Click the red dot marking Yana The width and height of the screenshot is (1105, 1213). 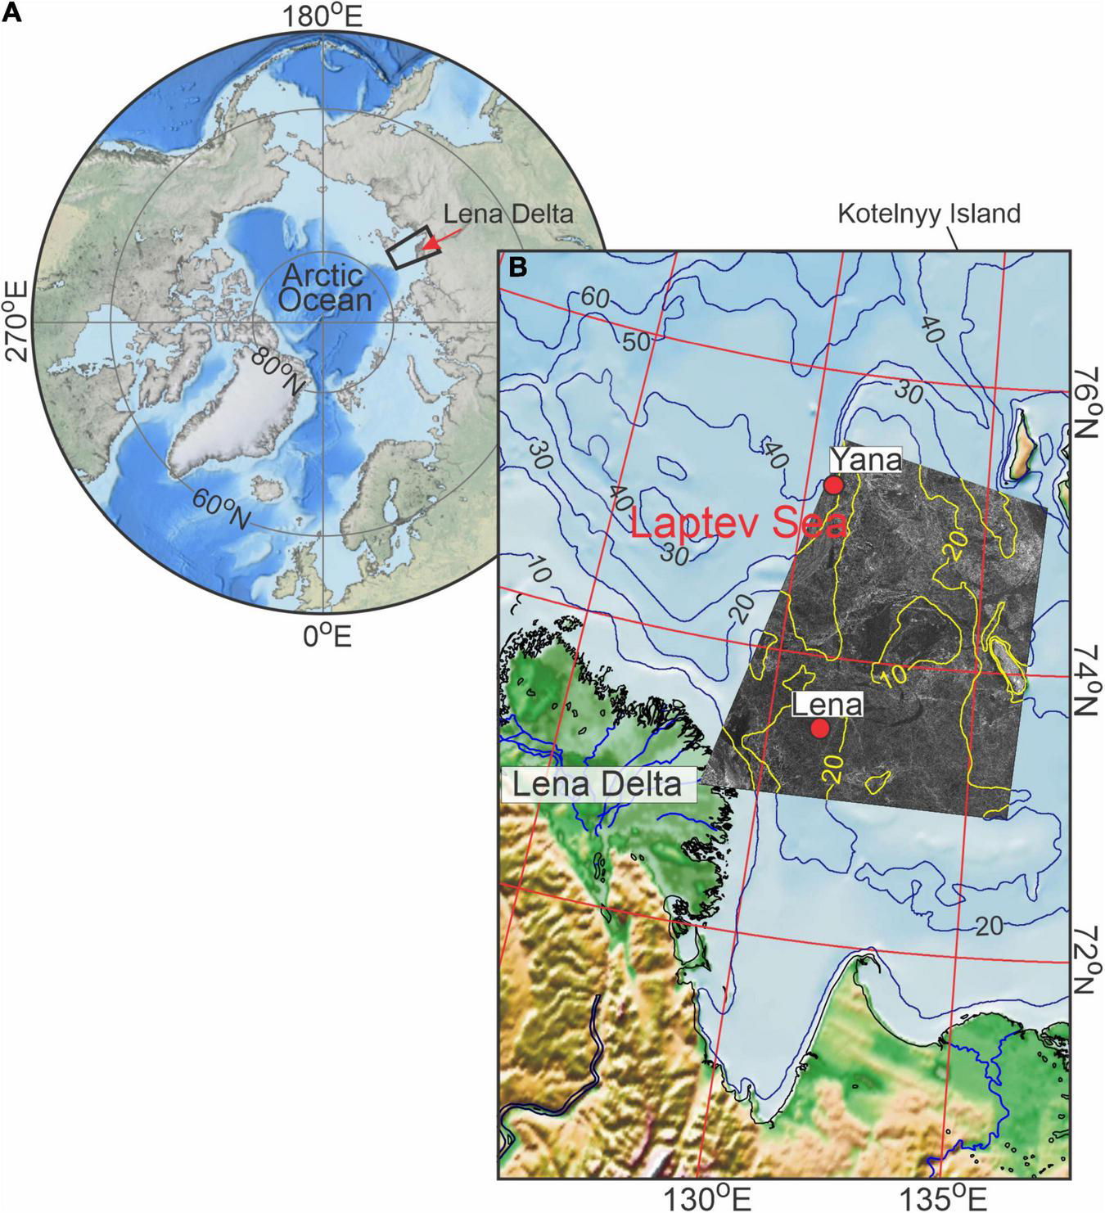point(834,485)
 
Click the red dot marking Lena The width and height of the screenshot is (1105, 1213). point(820,728)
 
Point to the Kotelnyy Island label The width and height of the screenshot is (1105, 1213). point(929,214)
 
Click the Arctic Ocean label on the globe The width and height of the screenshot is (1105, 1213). point(324,288)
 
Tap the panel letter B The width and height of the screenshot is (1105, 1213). point(518,267)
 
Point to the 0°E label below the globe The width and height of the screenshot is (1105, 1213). point(327,635)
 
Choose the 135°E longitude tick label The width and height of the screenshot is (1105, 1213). point(951,1197)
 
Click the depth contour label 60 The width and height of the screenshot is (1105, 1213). point(596,299)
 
